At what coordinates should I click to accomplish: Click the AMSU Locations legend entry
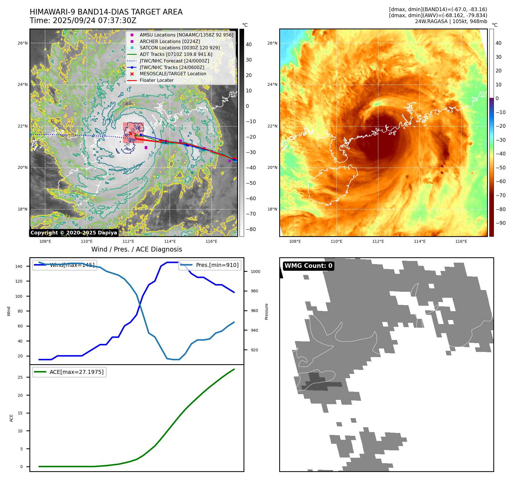point(186,35)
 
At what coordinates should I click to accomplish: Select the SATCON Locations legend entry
point(180,48)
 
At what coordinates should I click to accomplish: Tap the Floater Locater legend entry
point(156,80)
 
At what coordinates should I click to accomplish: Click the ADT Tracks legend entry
point(176,54)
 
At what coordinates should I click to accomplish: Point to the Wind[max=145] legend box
point(65,265)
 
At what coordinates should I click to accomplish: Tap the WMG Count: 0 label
point(308,266)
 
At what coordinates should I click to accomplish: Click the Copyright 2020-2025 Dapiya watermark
point(74,233)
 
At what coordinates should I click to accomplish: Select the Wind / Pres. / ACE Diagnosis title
point(136,249)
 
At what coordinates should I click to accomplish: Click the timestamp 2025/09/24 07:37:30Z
point(94,21)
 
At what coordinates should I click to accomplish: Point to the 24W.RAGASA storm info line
point(451,21)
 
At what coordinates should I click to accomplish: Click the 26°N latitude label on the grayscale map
point(23,43)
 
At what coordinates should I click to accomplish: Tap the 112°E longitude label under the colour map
point(378,242)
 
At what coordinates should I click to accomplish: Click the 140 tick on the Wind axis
point(19,266)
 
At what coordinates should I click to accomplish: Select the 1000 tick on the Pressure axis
point(256,272)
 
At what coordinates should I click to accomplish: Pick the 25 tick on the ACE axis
point(20,377)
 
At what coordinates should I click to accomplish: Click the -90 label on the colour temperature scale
point(500,223)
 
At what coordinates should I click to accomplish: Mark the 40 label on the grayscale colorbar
point(249,44)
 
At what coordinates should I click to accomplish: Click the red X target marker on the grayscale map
point(130,133)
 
